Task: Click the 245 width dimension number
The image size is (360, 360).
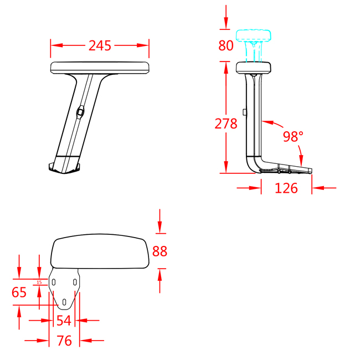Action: point(100,45)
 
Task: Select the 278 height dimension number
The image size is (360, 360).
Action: point(226,124)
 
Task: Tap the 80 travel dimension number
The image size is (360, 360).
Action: point(226,45)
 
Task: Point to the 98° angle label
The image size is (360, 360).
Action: point(293,136)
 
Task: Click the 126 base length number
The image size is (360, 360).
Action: point(286,188)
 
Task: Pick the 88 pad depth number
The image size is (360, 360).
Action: point(160,251)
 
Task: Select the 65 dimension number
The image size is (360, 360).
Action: point(19,292)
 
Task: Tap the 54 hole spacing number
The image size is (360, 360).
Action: point(64,321)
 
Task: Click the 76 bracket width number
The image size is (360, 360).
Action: point(64,341)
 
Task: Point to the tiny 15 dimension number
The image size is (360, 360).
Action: point(39,282)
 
